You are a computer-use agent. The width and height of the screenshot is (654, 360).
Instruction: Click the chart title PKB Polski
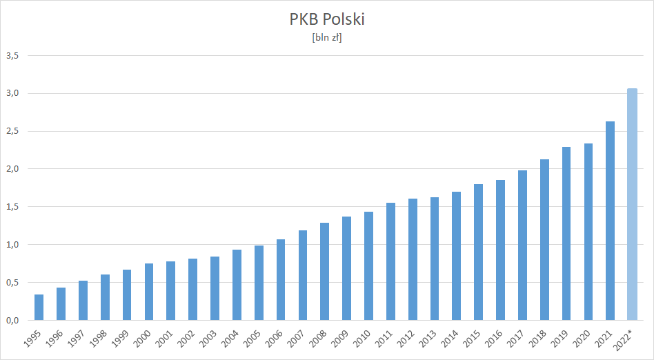(327, 19)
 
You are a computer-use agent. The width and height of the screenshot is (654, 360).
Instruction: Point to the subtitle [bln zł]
(327, 38)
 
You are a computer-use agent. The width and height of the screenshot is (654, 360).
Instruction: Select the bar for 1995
(39, 308)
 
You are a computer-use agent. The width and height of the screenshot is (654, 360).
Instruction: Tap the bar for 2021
(610, 221)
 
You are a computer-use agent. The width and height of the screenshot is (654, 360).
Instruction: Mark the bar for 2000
(148, 292)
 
